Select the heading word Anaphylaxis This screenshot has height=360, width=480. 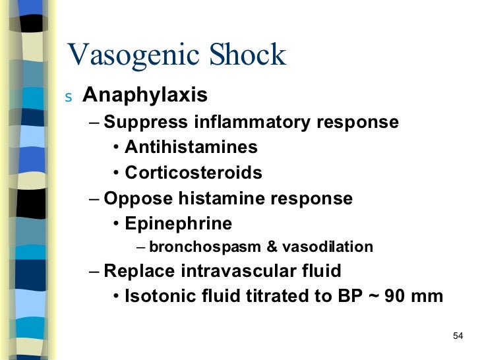point(145,96)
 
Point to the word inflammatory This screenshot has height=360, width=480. point(254,123)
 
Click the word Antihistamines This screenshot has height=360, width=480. point(191,148)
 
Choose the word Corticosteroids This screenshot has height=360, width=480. point(193,173)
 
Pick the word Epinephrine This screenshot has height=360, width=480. point(178,224)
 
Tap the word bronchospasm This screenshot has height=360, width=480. point(205,247)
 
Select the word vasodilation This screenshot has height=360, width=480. point(328,247)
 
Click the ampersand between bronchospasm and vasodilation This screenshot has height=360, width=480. point(272,247)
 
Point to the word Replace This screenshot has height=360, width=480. point(136,270)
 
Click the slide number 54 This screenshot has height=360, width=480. point(459,337)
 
